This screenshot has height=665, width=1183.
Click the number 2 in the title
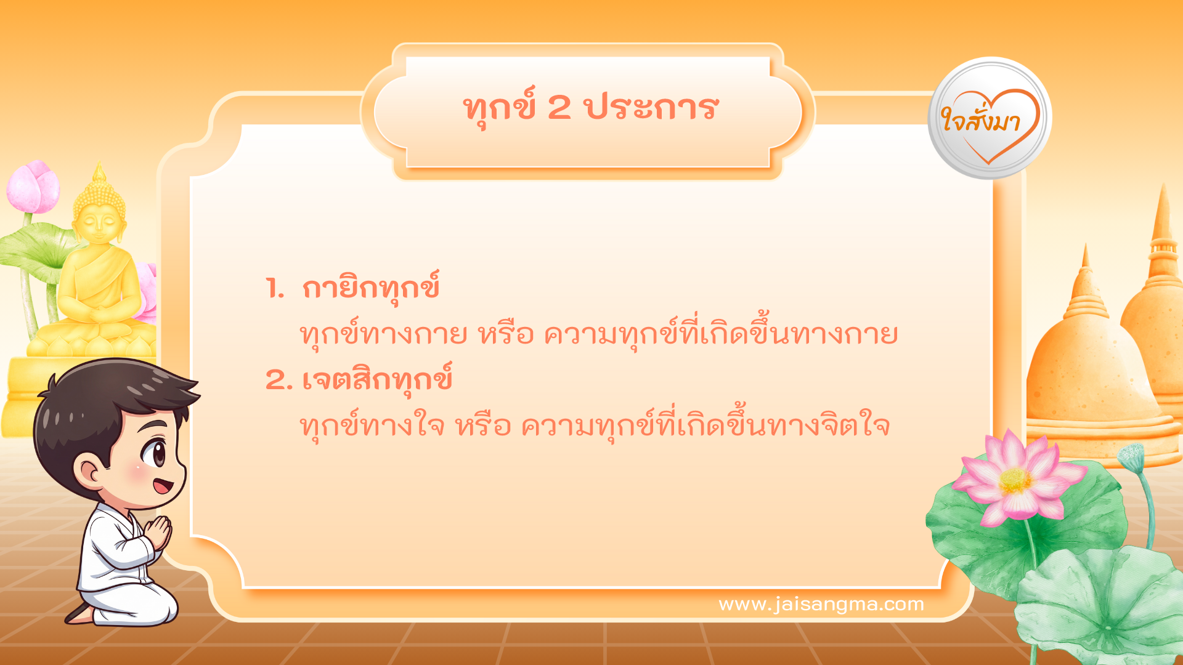coord(559,108)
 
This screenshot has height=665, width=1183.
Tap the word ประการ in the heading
coord(651,108)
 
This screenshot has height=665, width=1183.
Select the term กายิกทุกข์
coord(371,288)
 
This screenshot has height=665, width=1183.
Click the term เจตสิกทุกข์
coord(377,380)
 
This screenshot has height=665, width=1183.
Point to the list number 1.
coord(274,288)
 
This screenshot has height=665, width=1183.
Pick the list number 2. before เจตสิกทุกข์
coord(278,380)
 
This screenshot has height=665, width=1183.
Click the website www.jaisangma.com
coord(821,604)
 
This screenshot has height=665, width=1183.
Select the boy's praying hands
coord(159,532)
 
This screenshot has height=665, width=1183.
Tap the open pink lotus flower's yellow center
coord(1015,481)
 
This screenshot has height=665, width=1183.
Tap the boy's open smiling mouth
coord(163,487)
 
